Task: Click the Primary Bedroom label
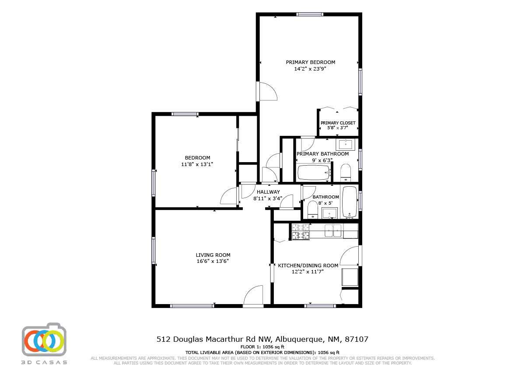click(310, 62)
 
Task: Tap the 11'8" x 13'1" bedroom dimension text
click(197, 164)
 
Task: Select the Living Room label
click(213, 255)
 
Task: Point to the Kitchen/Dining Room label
click(308, 266)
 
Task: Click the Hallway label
click(268, 192)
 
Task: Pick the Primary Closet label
click(338, 123)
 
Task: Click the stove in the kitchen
click(300, 232)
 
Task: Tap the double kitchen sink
click(333, 230)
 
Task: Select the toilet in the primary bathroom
click(346, 173)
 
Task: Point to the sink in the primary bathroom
click(347, 144)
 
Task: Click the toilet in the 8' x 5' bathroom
click(313, 209)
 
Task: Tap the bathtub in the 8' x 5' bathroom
click(349, 202)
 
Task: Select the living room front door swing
click(254, 295)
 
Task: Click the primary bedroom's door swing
click(267, 91)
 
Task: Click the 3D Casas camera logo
click(44, 340)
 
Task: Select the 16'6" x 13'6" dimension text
click(213, 261)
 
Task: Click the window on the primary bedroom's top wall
click(310, 14)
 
